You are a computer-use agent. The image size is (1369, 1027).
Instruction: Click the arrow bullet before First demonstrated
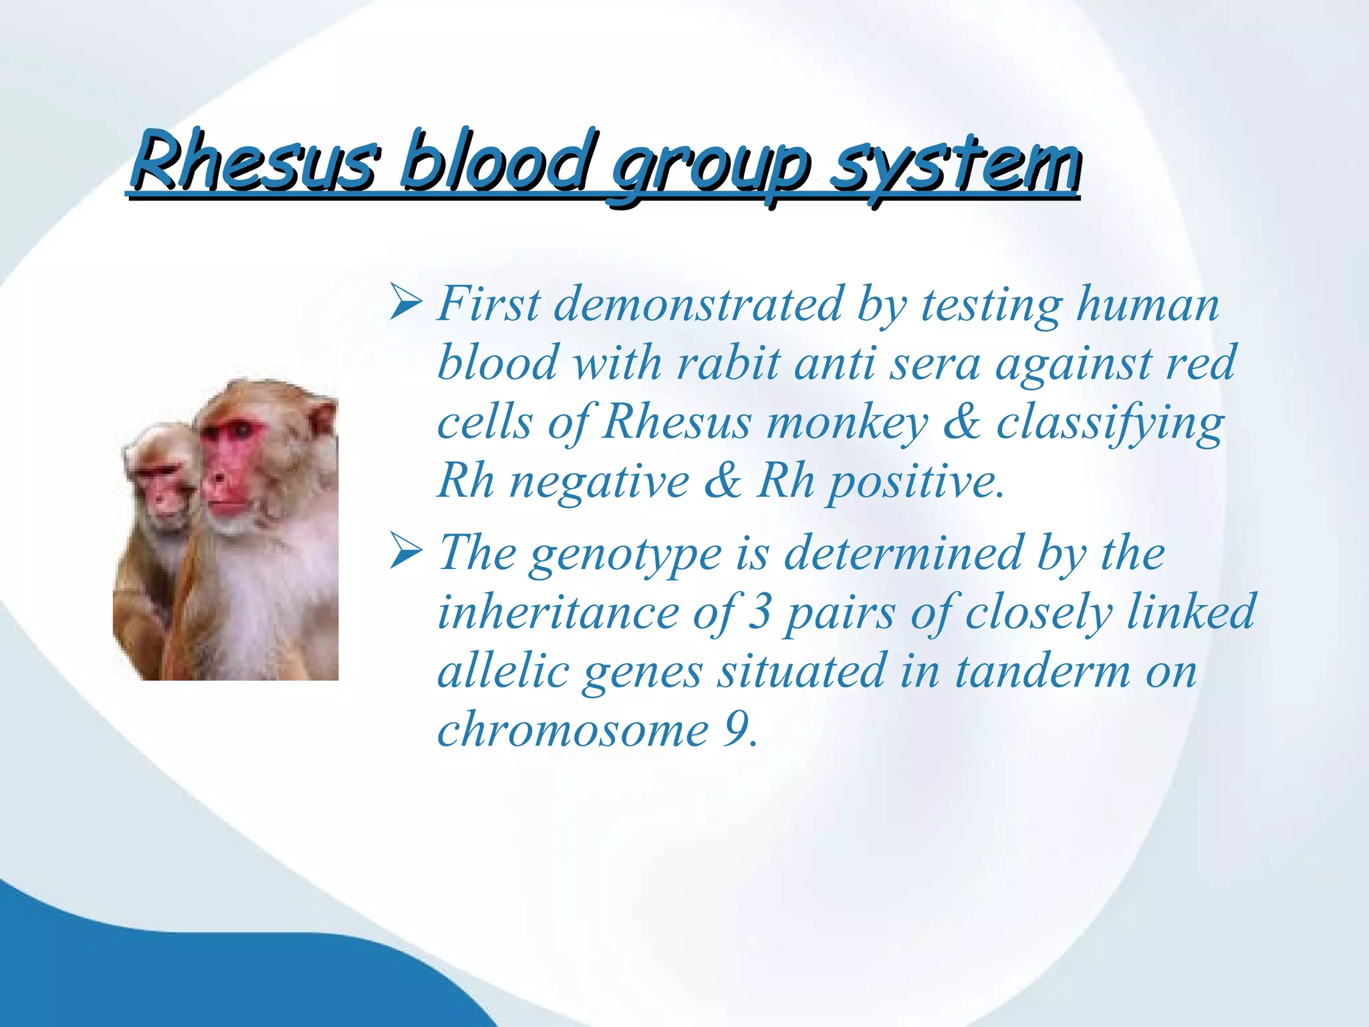(405, 302)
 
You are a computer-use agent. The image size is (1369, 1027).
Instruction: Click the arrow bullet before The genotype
(405, 552)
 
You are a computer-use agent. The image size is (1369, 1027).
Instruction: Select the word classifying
(1110, 424)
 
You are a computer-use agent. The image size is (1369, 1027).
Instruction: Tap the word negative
(599, 481)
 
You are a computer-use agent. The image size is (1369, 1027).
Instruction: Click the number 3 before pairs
(759, 611)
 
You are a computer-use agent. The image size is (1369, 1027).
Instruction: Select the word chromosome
(572, 729)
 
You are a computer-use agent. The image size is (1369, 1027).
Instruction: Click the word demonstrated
(698, 305)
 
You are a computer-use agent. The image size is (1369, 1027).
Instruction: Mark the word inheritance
(559, 612)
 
